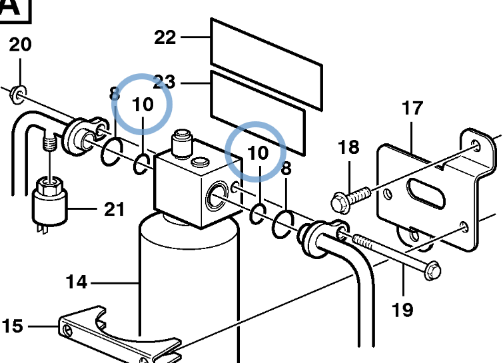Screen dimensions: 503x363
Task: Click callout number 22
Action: coord(165,37)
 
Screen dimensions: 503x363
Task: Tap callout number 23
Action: coord(165,82)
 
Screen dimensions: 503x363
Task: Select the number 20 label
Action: coord(20,44)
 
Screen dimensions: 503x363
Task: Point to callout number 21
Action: coord(115,209)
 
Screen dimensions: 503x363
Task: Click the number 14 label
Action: coord(77,282)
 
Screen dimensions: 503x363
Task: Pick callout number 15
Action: coord(13,326)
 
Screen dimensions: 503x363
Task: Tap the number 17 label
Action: coord(412,108)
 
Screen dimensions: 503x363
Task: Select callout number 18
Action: coord(348,147)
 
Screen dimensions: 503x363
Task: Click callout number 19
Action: coord(402,310)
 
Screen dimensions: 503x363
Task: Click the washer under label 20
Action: coord(17,95)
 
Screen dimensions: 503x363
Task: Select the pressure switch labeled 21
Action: coord(49,202)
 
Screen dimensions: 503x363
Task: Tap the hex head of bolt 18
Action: coord(340,203)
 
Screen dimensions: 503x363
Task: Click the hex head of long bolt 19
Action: coord(433,271)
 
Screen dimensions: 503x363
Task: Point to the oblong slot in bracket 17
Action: coord(426,194)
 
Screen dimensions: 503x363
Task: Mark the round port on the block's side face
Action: coord(217,195)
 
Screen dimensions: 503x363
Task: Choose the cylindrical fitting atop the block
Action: coord(182,143)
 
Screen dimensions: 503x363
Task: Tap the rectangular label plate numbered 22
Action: coord(266,65)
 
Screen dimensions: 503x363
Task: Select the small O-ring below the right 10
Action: coord(258,214)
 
